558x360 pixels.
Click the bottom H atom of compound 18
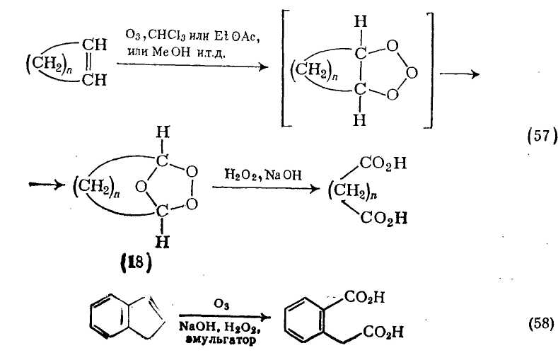[x=162, y=242]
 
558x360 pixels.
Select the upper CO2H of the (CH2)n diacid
[x=383, y=165]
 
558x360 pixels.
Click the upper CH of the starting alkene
[x=94, y=46]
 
